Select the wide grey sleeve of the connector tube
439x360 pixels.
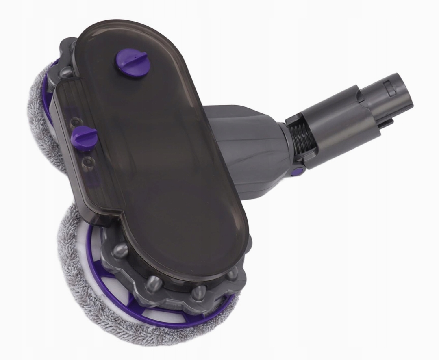pos(341,122)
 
